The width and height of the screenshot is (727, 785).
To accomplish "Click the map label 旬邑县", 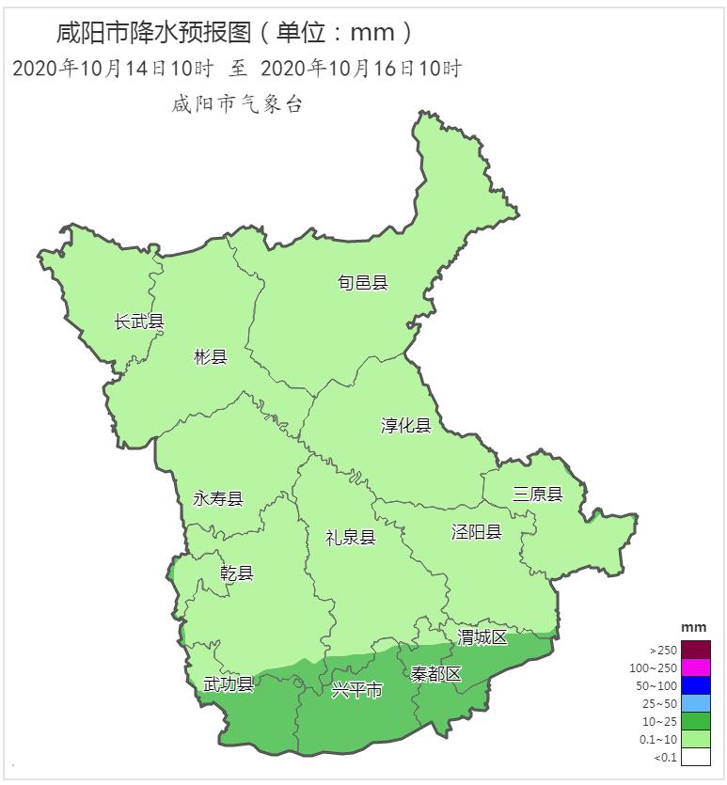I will (x=363, y=283).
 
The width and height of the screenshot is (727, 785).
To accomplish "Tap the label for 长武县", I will (x=139, y=322).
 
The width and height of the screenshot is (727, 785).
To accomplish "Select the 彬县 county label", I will (x=211, y=356).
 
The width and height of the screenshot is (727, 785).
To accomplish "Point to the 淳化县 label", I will (x=406, y=426).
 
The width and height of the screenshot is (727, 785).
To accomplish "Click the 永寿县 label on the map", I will (x=218, y=498).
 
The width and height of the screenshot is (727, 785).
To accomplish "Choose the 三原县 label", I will (x=537, y=495).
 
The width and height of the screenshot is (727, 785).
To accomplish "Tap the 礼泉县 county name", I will (x=350, y=538).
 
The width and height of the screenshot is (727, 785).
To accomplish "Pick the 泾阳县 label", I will (x=476, y=532).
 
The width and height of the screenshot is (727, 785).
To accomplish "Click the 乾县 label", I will (x=237, y=573).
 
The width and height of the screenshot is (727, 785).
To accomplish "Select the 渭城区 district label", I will (x=482, y=637).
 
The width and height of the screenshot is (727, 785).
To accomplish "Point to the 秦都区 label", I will (x=436, y=674).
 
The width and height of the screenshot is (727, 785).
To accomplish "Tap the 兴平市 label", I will (x=356, y=691).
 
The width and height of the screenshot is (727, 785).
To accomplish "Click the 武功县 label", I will (x=229, y=683).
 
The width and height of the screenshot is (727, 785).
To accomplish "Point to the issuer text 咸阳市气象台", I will (x=237, y=104).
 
